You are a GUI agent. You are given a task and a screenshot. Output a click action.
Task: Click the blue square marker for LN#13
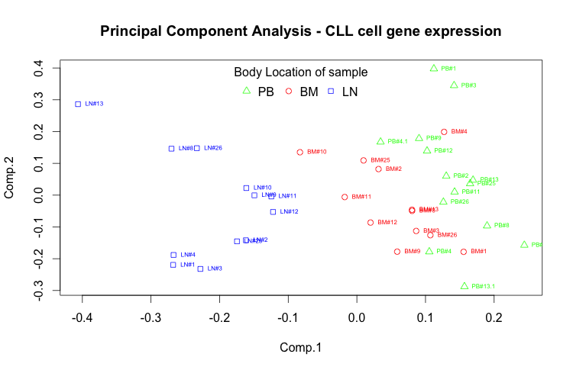(78, 104)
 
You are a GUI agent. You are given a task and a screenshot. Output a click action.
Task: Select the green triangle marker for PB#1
(434, 68)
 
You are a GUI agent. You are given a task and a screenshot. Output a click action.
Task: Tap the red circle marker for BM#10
(300, 153)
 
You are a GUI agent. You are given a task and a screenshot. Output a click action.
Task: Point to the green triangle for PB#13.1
(465, 286)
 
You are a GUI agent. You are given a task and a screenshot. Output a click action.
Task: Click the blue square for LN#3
(200, 269)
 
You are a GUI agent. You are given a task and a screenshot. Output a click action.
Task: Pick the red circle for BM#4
(444, 132)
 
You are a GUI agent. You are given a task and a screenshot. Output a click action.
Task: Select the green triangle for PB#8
(487, 225)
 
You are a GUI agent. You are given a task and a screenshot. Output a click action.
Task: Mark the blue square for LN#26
(196, 148)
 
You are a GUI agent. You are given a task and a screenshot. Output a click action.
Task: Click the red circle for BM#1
(464, 252)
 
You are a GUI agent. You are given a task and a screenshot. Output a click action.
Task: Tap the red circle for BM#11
(345, 197)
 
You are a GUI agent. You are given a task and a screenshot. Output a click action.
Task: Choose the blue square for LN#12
(273, 211)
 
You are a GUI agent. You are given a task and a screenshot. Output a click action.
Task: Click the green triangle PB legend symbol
(246, 91)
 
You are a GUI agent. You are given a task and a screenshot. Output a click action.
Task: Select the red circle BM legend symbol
(289, 92)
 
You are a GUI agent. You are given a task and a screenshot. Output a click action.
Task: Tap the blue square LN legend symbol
(331, 92)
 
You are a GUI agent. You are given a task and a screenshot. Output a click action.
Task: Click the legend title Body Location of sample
(300, 73)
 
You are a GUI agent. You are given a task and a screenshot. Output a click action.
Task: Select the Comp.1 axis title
(300, 347)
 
